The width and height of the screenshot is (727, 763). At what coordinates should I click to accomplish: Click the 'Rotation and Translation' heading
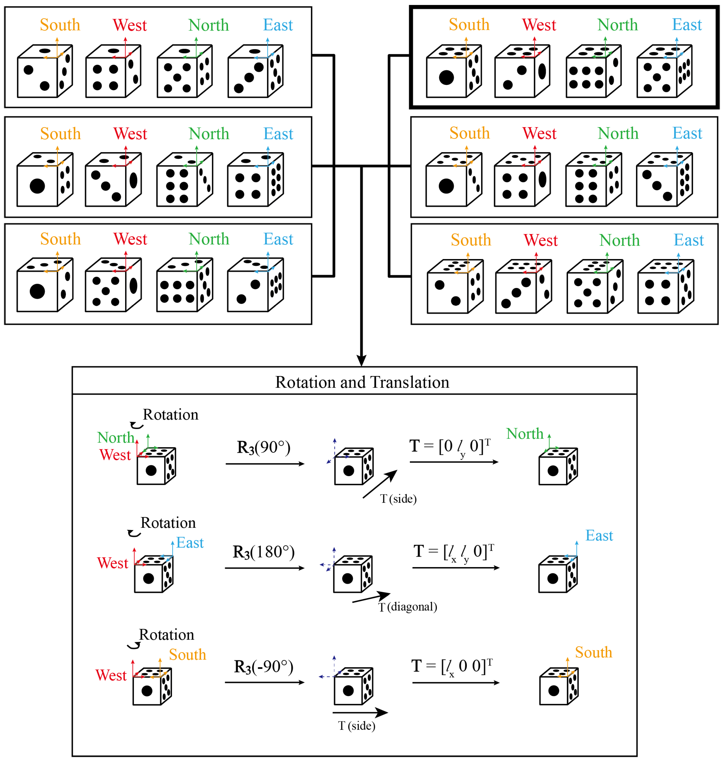(362, 382)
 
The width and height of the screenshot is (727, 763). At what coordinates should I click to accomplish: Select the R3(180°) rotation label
(264, 552)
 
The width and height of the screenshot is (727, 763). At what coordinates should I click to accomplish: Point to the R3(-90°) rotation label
(264, 667)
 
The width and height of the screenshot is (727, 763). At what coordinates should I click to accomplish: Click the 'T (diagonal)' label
(408, 607)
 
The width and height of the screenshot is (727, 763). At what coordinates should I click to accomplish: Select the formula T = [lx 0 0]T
(451, 667)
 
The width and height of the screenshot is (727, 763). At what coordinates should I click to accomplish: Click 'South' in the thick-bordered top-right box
(469, 25)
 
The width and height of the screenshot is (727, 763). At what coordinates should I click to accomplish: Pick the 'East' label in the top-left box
(278, 25)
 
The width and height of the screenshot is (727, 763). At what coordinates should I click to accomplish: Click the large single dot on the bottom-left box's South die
(37, 291)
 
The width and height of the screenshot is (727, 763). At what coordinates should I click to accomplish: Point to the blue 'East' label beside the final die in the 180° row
(599, 536)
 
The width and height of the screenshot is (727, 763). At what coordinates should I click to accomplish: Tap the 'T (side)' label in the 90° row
(398, 499)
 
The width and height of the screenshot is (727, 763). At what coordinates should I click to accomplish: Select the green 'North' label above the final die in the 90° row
(525, 434)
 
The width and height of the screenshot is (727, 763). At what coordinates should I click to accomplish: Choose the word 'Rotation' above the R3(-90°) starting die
(167, 635)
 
